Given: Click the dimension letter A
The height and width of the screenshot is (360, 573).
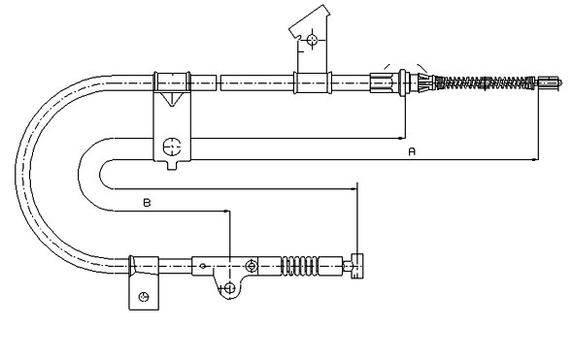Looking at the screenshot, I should point(412,152).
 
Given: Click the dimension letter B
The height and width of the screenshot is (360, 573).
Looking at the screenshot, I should point(147,203).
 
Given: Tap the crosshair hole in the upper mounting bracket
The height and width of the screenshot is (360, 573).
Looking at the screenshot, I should point(172,147).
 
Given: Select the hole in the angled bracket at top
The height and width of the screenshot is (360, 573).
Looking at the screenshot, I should point(312,40).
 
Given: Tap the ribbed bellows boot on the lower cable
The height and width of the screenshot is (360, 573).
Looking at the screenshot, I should point(301,264).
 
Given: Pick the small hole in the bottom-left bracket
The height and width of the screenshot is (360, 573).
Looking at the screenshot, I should point(144,297).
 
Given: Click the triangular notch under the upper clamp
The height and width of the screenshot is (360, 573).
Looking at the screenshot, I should point(171,99).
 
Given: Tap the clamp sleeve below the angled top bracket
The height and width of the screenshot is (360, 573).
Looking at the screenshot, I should point(309,83).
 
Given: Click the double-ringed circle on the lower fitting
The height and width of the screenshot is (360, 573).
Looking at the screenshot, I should point(253,265).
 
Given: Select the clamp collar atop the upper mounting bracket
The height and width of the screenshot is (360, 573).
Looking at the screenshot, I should point(171,82).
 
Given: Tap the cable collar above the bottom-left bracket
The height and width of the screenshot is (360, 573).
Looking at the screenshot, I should point(143,264).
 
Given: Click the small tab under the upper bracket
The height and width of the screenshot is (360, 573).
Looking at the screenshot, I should point(172,166).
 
